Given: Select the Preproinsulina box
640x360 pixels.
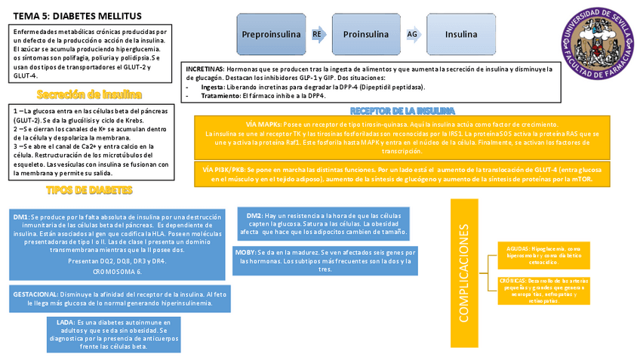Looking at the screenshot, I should coord(272,35).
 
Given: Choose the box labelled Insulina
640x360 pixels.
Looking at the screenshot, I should coord(460,35).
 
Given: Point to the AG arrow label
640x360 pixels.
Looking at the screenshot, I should coord(412,35).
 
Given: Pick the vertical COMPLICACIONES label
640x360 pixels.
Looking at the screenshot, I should coord(463,272).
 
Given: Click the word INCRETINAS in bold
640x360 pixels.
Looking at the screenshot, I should coord(205,69).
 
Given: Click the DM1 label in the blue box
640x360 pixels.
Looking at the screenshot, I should coord(21,217).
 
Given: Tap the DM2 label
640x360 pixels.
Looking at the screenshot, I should coord(254,216).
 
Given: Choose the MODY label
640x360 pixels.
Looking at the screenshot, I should coord(245,252).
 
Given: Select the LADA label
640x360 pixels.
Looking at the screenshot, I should coord(66,322).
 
